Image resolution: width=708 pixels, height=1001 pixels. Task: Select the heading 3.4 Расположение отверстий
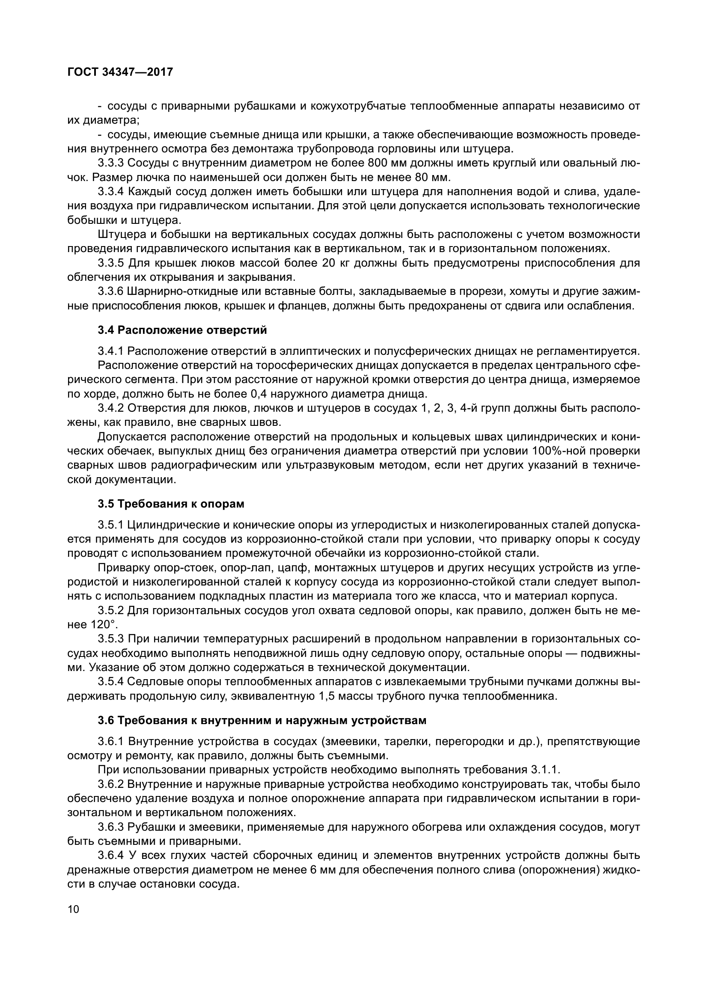(x=182, y=330)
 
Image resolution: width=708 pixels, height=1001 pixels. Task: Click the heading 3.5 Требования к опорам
(x=171, y=504)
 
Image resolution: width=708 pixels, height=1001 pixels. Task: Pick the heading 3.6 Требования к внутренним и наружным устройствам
(x=262, y=721)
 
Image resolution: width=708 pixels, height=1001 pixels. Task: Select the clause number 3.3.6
(x=111, y=291)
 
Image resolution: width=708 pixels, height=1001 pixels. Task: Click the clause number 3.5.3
(x=111, y=639)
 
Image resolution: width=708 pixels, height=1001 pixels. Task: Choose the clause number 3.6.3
(x=111, y=827)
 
